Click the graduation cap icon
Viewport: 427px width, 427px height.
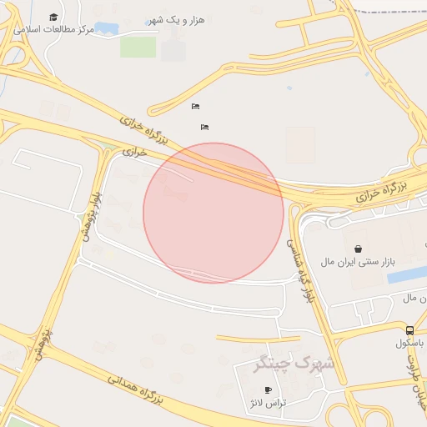click(x=54, y=18)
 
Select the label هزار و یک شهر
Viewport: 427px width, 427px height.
click(x=176, y=20)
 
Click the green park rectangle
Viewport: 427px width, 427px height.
click(x=138, y=47)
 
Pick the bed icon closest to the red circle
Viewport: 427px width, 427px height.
click(x=204, y=127)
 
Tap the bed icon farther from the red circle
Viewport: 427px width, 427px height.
click(x=195, y=106)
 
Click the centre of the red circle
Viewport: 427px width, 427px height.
click(x=213, y=213)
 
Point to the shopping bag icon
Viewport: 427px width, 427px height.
click(x=358, y=249)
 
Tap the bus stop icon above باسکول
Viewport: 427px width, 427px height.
click(x=409, y=330)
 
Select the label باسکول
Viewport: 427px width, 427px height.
click(x=410, y=343)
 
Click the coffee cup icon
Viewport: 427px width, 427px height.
click(x=268, y=389)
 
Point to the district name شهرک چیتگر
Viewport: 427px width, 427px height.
click(x=294, y=364)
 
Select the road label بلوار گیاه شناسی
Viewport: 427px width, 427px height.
click(x=300, y=269)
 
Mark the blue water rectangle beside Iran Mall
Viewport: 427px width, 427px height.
click(x=407, y=274)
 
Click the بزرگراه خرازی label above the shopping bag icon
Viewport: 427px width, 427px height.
click(x=379, y=193)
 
